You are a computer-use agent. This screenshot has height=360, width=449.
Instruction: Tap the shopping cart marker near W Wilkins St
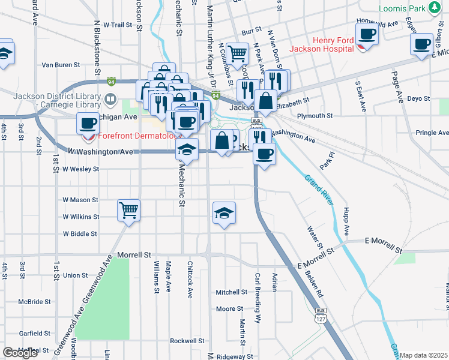[129, 211]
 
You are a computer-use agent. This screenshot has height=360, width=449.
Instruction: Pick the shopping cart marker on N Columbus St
[238, 54]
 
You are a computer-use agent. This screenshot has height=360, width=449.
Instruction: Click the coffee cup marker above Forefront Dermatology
[88, 124]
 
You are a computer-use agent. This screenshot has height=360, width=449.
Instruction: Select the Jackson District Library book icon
[110, 98]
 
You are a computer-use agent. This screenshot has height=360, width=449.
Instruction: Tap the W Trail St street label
[117, 25]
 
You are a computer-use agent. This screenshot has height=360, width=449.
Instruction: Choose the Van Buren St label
[61, 64]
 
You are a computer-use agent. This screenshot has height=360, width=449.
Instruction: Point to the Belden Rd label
[316, 282]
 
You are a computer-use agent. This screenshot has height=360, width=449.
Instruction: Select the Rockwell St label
[187, 340]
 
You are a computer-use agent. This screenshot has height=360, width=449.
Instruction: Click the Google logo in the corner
[20, 353]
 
